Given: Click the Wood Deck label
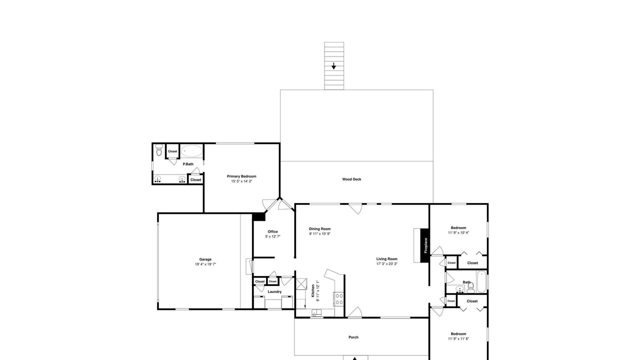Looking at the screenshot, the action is tap(351, 179).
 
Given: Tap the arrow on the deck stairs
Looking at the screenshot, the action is tap(333, 66).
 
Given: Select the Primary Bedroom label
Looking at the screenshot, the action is tap(241, 176).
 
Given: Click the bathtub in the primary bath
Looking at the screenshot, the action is tap(191, 151).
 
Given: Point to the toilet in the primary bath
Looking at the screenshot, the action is tap(159, 150).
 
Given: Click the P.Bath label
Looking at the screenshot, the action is tap(188, 164).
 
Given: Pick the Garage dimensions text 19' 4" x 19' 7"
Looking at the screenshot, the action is tap(205, 264).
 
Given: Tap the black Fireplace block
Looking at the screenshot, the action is tap(425, 245).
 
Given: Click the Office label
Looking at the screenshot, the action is tap(272, 231).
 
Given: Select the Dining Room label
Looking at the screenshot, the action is tap(319, 229).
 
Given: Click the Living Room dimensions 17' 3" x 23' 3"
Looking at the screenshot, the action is tap(387, 263).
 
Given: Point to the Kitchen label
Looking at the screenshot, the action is tap(313, 291).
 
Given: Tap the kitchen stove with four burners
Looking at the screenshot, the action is tap(339, 299).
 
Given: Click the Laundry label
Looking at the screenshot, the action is tap(274, 291).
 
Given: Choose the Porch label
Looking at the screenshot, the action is tap(353, 337).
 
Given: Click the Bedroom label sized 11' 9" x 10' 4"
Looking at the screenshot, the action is tap(458, 227).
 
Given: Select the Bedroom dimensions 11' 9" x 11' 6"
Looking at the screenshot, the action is tap(458, 339).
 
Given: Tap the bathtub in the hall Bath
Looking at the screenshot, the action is tap(481, 281).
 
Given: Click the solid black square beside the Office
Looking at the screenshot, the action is tap(259, 216).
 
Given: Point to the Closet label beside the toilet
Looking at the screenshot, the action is tap(172, 151).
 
